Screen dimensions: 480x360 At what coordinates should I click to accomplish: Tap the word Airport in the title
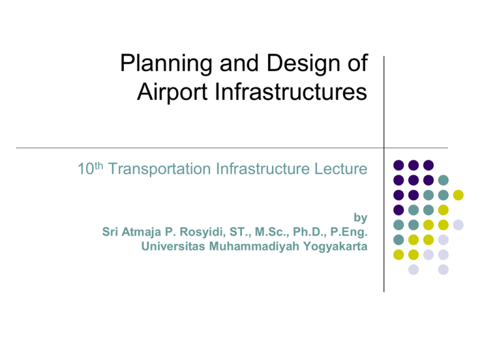pos(172,92)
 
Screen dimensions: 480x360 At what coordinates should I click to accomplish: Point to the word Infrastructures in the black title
pos(291,91)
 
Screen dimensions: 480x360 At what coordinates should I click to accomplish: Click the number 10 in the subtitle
pos(86,169)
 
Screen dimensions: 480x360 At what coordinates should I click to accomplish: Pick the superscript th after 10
pos(99,166)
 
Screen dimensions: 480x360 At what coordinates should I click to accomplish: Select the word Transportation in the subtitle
pos(159,169)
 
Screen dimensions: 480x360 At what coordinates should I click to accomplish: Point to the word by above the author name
pos(360,217)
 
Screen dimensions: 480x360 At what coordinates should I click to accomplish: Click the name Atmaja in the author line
pos(141,232)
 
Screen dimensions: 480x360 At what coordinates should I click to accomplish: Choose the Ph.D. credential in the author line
pos(309,232)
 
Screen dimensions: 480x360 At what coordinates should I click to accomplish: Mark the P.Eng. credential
pos(349,232)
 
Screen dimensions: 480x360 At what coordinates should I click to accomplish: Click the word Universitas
pos(173,246)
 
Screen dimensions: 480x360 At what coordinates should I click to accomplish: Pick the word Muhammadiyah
pos(254,247)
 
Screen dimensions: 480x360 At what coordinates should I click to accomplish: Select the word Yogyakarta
pos(335,247)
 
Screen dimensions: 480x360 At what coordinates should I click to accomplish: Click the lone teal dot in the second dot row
pos(443,180)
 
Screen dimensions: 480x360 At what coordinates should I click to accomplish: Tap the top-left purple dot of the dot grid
pos(398,165)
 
